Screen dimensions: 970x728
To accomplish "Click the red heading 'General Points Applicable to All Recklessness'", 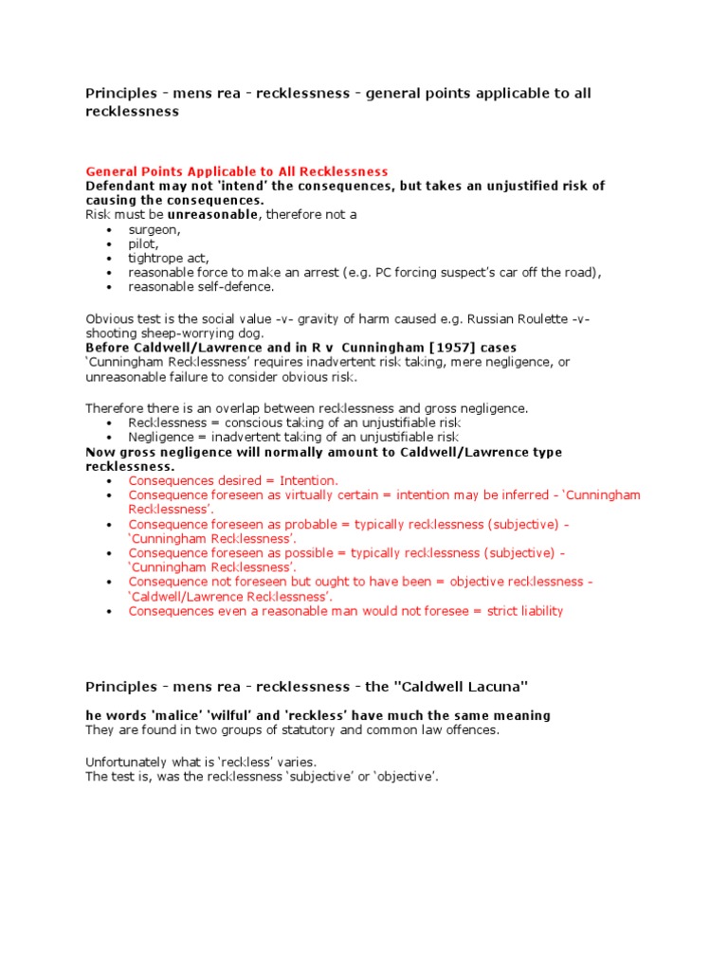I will pyautogui.click(x=237, y=171).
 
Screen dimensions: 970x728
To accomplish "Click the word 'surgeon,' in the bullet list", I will pyautogui.click(x=155, y=229).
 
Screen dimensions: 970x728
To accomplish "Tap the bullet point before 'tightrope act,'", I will pyautogui.click(x=110, y=259).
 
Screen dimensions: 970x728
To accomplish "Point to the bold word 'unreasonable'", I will pyautogui.click(x=212, y=215).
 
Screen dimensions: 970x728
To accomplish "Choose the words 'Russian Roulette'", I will pyautogui.click(x=519, y=318).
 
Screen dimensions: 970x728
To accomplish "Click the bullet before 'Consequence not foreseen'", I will pyautogui.click(x=110, y=582).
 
